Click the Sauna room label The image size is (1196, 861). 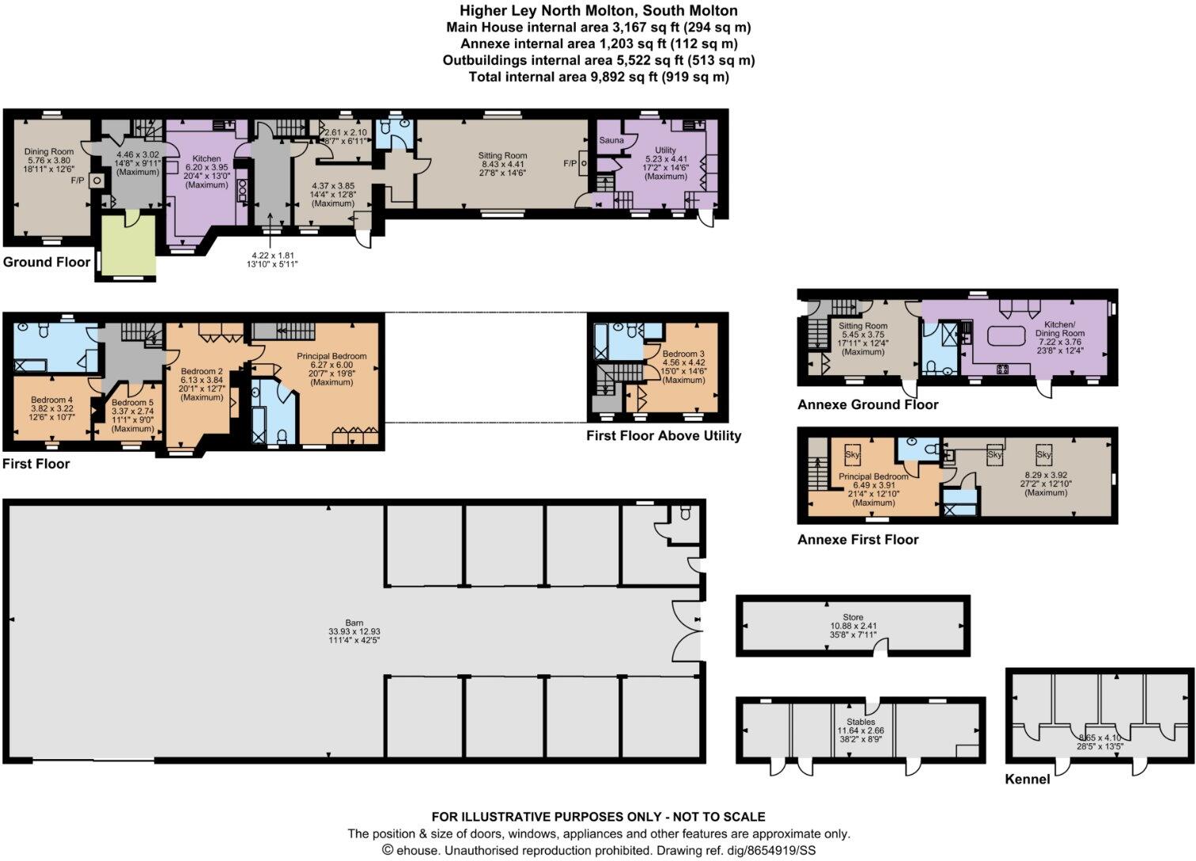click(611, 140)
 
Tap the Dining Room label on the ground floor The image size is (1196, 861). click(49, 151)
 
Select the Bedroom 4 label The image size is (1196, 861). click(52, 400)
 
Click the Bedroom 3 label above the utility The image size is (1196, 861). click(683, 354)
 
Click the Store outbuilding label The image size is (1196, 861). click(853, 617)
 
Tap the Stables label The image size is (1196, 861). click(861, 722)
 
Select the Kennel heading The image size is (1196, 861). click(1027, 779)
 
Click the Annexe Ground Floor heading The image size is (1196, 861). click(868, 404)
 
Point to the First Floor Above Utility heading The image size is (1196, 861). click(664, 435)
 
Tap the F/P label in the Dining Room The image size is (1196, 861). click(78, 180)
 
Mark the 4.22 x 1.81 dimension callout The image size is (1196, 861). click(272, 255)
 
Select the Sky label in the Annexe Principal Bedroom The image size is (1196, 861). click(852, 456)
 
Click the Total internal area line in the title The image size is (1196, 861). click(599, 77)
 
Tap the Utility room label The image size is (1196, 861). click(665, 150)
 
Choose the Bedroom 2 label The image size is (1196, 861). click(202, 371)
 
